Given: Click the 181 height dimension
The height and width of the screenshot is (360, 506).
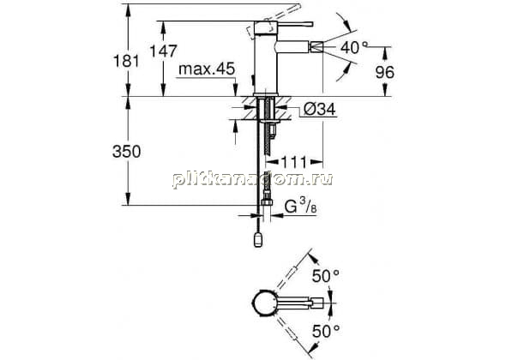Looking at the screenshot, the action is click(127, 61).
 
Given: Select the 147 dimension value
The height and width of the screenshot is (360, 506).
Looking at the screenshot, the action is click(164, 51).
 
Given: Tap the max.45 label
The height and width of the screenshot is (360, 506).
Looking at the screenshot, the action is click(207, 69).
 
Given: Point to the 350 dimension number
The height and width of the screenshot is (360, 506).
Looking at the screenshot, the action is click(127, 152).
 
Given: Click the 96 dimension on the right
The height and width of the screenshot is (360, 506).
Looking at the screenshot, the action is click(385, 72).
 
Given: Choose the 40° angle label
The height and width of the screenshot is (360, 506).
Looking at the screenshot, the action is click(354, 48).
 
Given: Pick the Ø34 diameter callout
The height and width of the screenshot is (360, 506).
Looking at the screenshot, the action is click(319, 110).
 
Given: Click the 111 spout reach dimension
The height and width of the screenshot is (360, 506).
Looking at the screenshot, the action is click(294, 162).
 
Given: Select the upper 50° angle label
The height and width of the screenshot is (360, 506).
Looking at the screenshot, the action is click(325, 276).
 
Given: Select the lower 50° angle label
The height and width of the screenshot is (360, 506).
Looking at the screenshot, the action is click(325, 331).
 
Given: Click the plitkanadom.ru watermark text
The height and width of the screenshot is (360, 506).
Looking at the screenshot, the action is click(253, 179).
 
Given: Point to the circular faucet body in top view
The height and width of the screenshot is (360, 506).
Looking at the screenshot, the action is click(263, 303).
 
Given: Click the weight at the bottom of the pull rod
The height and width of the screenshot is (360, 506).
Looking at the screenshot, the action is click(258, 240).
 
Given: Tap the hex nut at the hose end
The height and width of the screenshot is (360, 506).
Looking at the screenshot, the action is click(267, 202).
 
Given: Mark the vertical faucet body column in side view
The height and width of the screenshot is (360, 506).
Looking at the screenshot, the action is click(266, 58).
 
